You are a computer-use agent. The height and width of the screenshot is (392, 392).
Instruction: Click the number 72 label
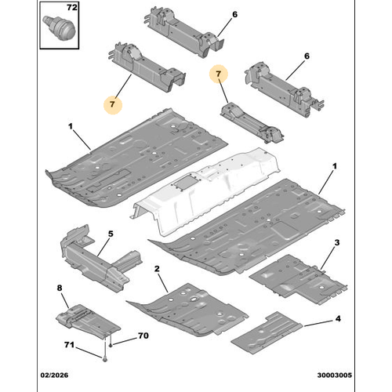[72, 7]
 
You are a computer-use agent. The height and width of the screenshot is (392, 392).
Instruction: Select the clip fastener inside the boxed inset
[60, 28]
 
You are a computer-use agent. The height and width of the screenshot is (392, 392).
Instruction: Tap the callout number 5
[111, 234]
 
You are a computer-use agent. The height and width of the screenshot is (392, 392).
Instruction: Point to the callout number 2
[157, 269]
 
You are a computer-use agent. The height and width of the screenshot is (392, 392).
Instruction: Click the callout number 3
[337, 242]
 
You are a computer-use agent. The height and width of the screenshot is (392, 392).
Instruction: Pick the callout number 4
[338, 318]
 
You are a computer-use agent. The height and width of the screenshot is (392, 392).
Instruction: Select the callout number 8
[60, 288]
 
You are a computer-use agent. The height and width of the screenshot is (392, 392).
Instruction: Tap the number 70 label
[143, 336]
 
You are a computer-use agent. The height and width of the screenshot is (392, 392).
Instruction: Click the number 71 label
[69, 345]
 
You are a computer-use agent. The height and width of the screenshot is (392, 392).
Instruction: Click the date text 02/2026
[54, 376]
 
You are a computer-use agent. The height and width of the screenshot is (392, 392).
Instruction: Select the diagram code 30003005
[335, 376]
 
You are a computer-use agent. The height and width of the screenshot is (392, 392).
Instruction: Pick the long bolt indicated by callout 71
[105, 350]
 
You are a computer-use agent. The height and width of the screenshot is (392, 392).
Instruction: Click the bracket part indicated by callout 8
[88, 320]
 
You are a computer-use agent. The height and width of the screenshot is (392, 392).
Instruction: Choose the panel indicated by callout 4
[267, 333]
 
